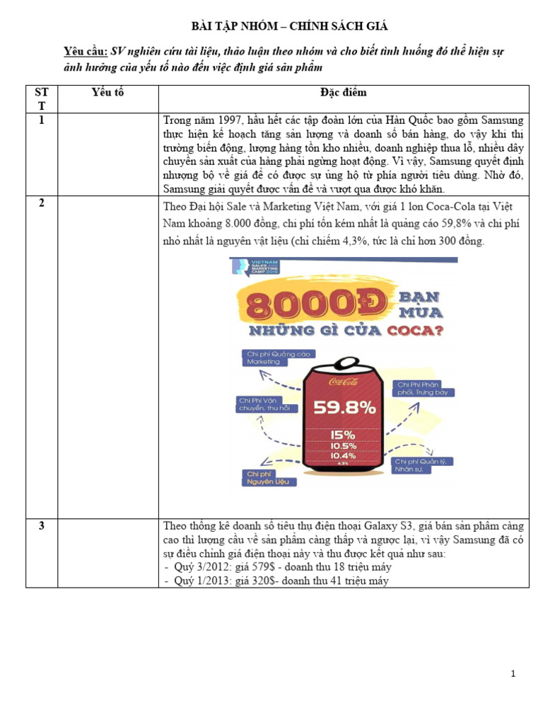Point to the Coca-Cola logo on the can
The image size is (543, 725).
(x=344, y=382)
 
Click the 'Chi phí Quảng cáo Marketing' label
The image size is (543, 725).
(x=276, y=358)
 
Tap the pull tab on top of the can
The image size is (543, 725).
(x=344, y=367)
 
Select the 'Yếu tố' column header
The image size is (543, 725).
(x=108, y=93)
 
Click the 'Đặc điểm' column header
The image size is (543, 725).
(x=343, y=93)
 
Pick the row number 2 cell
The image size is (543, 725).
(x=42, y=204)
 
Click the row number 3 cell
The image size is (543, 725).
(x=42, y=526)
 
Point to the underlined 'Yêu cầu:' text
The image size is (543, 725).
(x=85, y=52)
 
